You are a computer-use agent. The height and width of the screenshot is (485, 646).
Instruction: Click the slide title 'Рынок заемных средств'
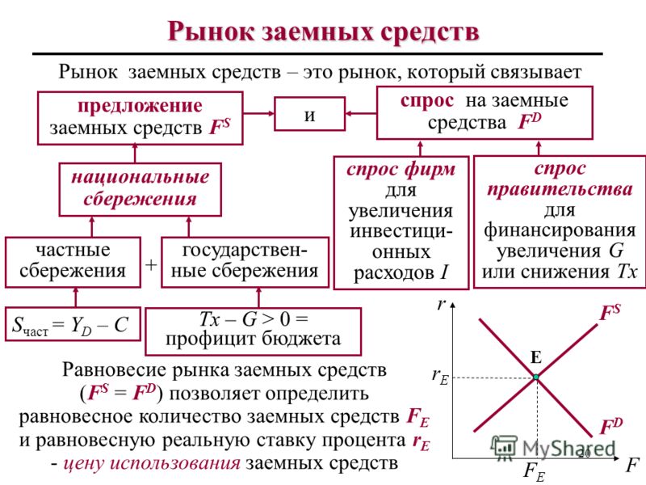[x=324, y=32]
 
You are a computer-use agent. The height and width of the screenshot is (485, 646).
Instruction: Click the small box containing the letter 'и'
[x=310, y=114]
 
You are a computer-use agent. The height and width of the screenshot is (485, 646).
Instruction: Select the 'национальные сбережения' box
[x=140, y=189]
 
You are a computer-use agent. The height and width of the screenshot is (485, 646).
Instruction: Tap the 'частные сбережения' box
[x=73, y=262]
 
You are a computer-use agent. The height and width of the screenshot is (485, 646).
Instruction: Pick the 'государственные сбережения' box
[x=245, y=262]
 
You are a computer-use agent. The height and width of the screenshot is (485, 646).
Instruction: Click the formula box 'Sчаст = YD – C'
[x=73, y=324]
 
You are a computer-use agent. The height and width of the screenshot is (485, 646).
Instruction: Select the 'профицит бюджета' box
[x=254, y=331]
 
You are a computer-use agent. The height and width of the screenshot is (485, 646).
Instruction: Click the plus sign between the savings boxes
[x=151, y=264]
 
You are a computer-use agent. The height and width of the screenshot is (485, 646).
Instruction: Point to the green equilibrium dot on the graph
[x=536, y=377]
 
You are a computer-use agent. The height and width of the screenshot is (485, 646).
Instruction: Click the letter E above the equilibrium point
[x=535, y=357]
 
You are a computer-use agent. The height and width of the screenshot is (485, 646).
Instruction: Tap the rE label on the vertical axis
[x=440, y=376]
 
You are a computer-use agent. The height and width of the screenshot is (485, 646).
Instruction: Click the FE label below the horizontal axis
[x=534, y=472]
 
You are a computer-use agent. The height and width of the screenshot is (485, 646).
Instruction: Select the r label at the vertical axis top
[x=441, y=305]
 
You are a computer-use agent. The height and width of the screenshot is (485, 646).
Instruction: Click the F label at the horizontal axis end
[x=631, y=466]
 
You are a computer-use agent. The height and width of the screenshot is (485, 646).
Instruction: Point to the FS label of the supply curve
[x=610, y=312]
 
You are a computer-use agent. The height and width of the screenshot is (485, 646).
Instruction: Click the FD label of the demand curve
[x=611, y=426]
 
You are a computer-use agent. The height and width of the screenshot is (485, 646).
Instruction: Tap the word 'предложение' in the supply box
[x=140, y=106]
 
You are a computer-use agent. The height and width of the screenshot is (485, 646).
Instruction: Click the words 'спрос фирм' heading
[x=401, y=170]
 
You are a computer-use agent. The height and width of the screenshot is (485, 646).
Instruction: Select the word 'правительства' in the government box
[x=560, y=189]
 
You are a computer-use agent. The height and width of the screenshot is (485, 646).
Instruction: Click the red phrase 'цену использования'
[x=152, y=463]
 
